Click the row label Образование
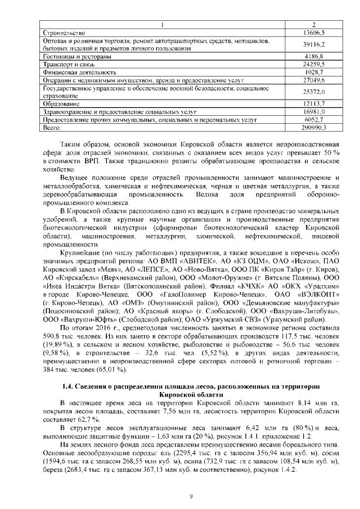coord(62,104)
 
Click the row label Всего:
coord(52,128)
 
